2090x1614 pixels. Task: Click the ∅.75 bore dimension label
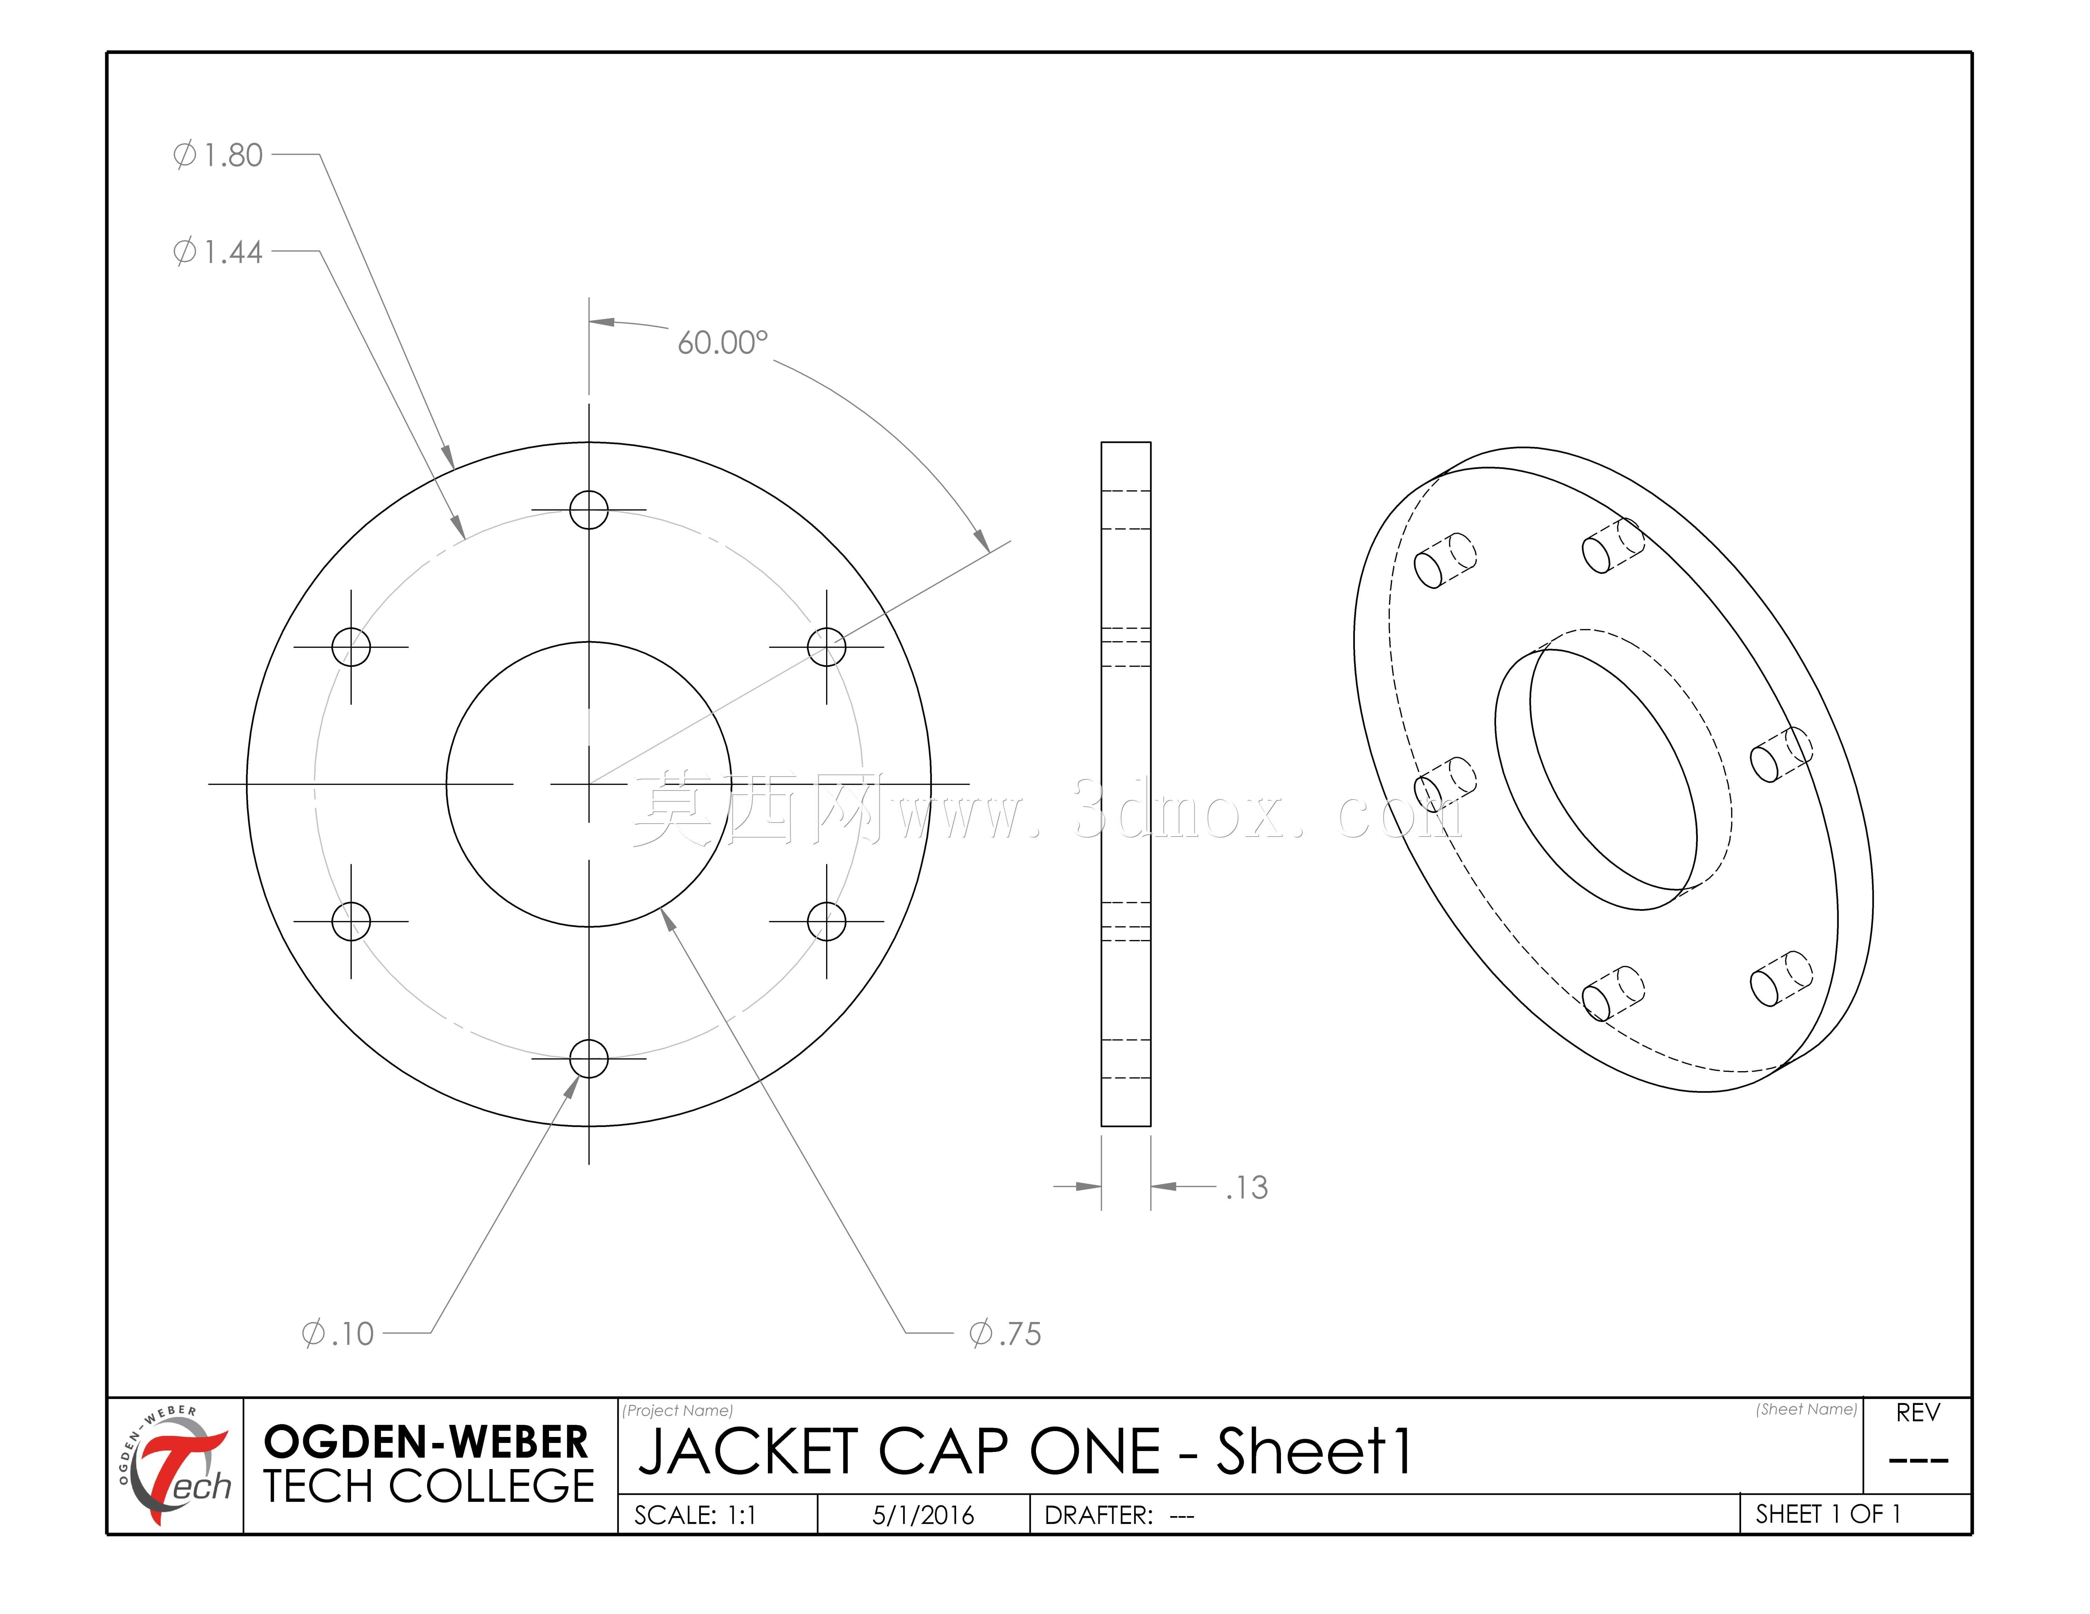(1005, 1334)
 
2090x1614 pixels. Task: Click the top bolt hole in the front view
(588, 510)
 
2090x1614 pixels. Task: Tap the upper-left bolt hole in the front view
(351, 647)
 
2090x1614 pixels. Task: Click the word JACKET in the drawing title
(746, 1452)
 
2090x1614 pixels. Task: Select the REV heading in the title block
(1918, 1413)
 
